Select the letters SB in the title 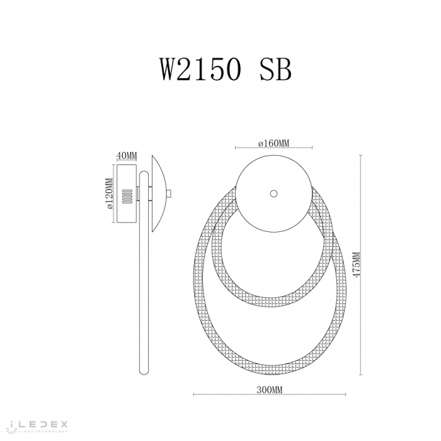[276, 70]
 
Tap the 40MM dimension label [127, 156]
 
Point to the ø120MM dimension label [109, 194]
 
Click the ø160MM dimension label [273, 144]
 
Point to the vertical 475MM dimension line [362, 265]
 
